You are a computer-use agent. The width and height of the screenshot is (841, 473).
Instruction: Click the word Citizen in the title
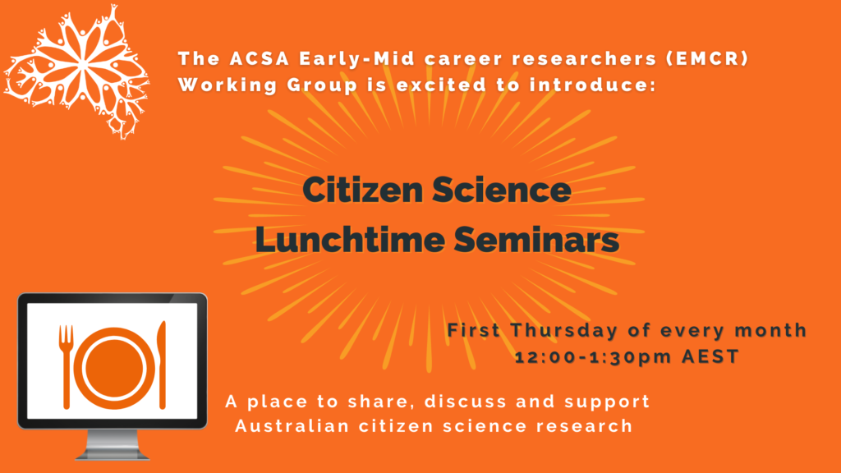363,190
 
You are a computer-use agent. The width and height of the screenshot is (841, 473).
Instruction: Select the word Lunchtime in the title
350,239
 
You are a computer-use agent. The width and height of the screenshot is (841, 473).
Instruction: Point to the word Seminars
536,239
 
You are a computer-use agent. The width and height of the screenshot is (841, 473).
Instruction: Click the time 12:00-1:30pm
593,357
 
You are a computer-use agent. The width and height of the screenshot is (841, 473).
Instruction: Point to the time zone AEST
710,356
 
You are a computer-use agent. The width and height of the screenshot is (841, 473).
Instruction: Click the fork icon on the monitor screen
66,367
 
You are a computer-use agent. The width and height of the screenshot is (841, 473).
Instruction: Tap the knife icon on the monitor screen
162,365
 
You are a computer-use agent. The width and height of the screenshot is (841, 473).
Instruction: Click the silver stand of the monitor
113,445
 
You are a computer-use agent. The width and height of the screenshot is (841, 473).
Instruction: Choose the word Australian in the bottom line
292,426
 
